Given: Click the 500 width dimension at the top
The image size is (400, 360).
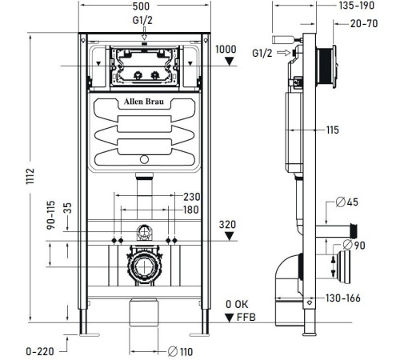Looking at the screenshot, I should coord(141,6).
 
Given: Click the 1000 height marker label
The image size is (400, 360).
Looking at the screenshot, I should coord(227,49).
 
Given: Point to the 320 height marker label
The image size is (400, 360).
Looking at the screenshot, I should coord(227,225).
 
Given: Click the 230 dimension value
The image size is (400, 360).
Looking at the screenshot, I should coord(193,198).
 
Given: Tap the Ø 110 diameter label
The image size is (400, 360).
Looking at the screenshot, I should coord(183,350).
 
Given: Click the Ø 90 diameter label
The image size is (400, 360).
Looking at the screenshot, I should coord(358,244).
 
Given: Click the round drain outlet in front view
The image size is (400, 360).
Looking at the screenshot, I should coord(143,268).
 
